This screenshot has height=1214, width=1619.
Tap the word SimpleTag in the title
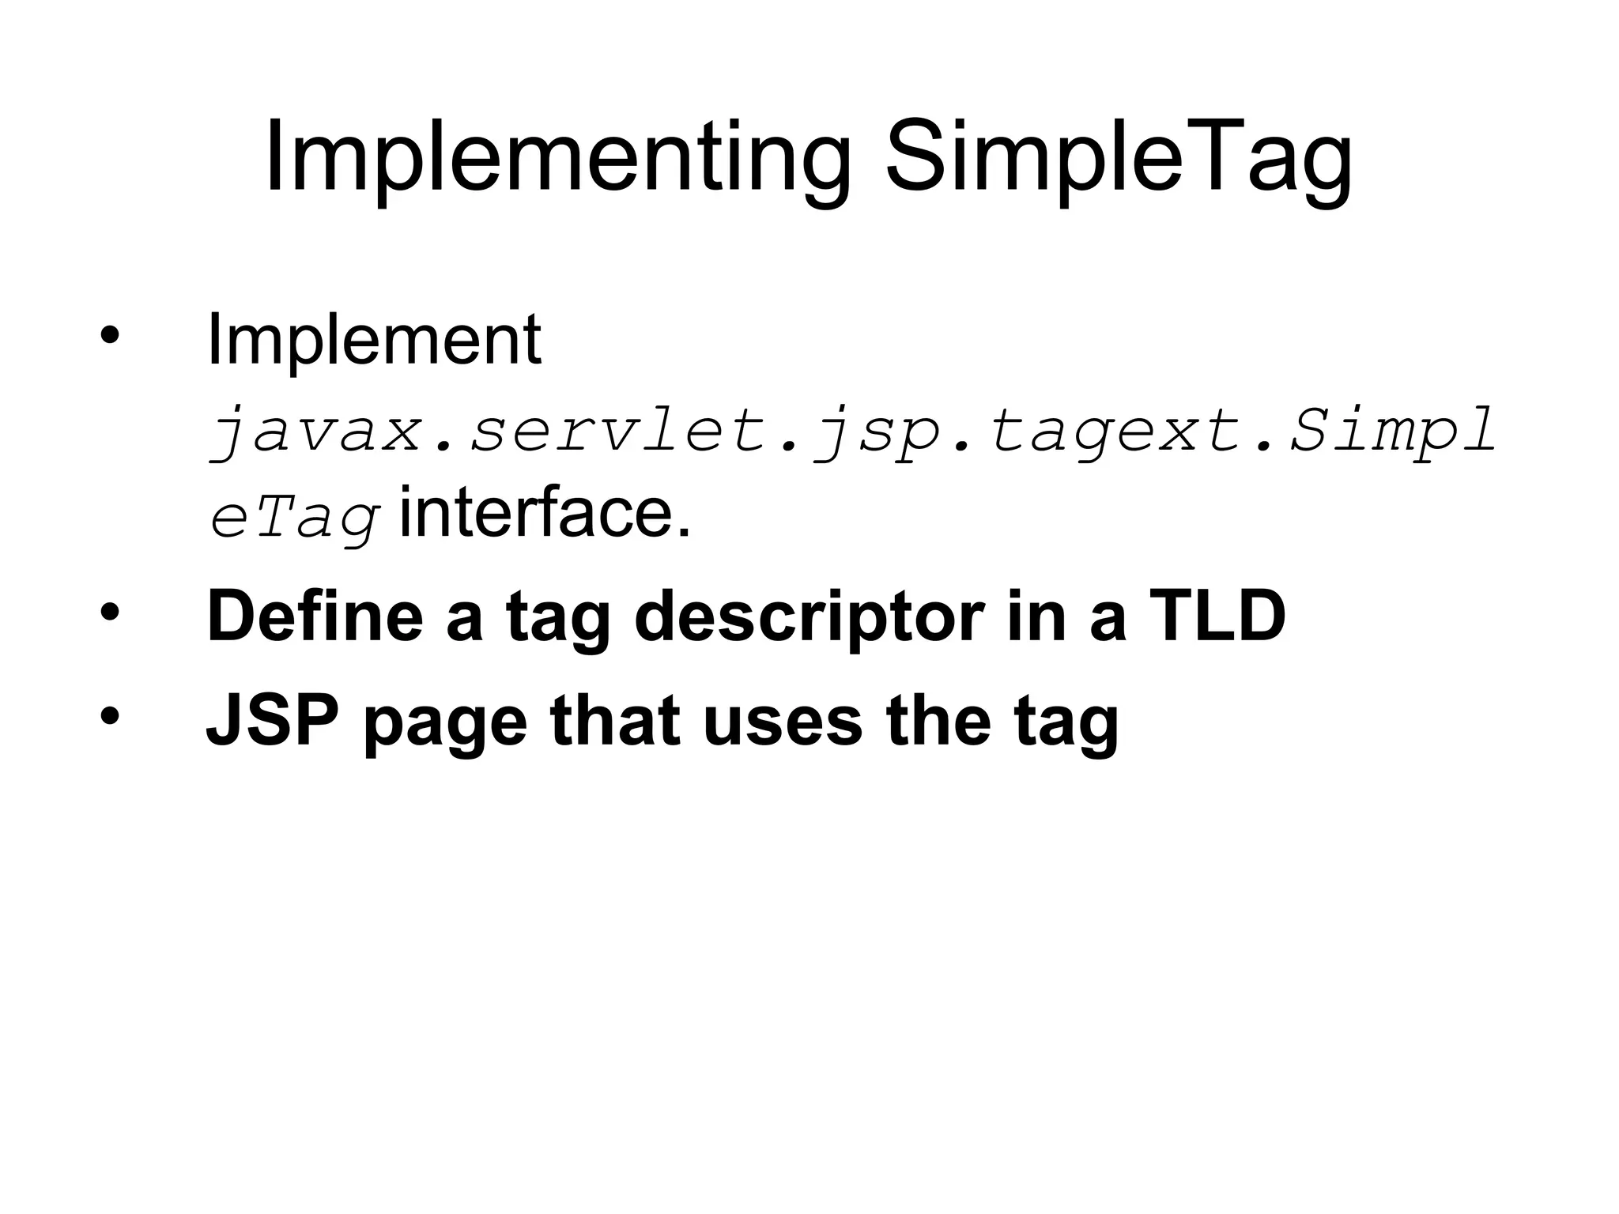[1119, 158]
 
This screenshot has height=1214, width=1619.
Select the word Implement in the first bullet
[374, 341]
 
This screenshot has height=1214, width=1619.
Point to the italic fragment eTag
[295, 518]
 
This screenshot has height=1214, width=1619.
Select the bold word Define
[315, 616]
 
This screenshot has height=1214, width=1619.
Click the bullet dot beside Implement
[109, 336]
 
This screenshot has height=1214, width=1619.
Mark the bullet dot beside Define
[109, 613]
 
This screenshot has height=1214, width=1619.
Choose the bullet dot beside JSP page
[109, 716]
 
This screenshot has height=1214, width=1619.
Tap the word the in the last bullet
[938, 721]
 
